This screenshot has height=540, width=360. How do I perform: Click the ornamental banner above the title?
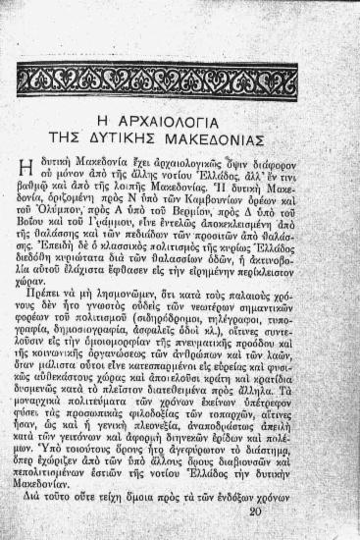click(157, 80)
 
